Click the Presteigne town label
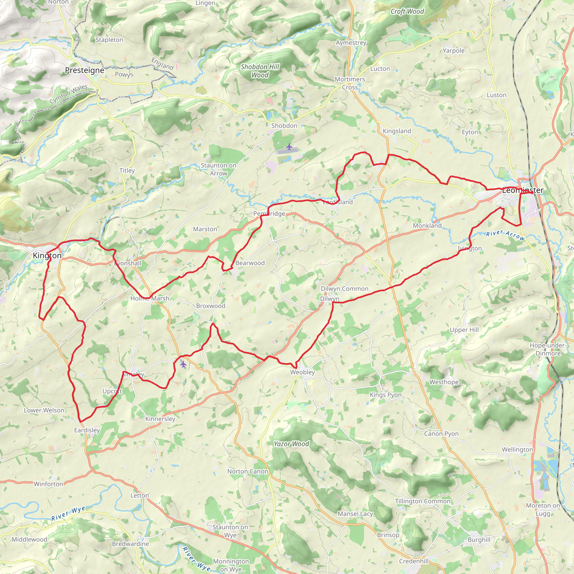[84, 70]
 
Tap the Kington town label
[47, 255]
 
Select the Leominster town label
[523, 190]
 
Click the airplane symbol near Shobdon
[289, 147]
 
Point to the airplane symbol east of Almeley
[183, 364]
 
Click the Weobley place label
[302, 372]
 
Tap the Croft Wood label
[407, 11]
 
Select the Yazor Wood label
[291, 444]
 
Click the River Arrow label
[505, 235]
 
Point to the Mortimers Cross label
[350, 83]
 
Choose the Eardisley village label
[87, 430]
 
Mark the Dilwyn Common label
[344, 288]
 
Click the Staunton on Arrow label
[218, 169]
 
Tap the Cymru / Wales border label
[69, 94]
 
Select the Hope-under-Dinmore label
[548, 349]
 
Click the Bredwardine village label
[130, 544]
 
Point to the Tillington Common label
[422, 501]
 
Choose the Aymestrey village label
[351, 43]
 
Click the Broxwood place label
[211, 306]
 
